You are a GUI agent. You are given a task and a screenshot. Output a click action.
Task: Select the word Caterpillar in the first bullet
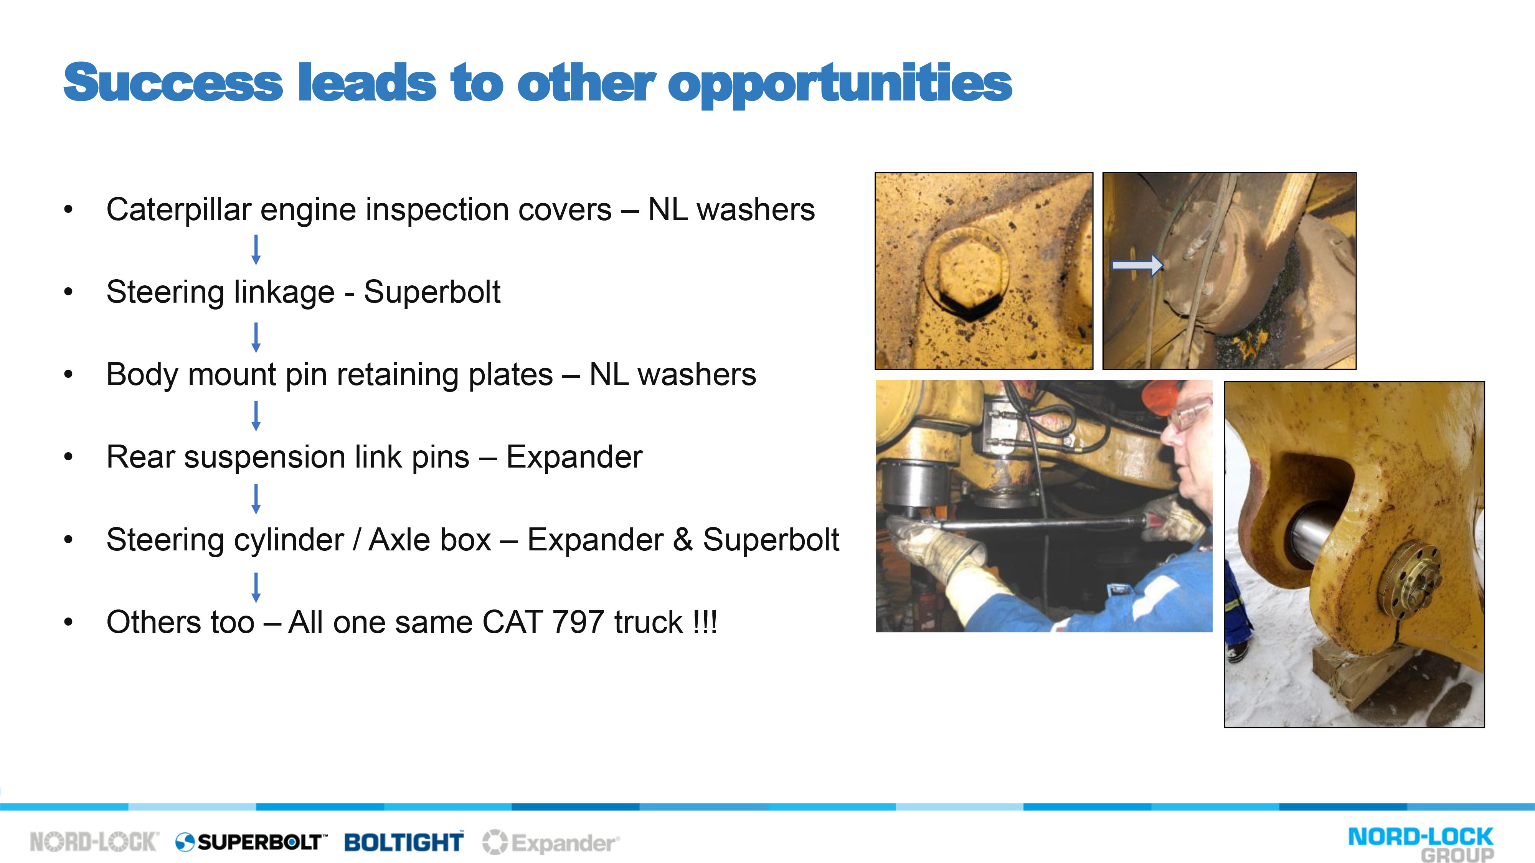[179, 210]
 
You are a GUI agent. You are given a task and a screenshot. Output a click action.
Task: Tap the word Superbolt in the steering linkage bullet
[432, 292]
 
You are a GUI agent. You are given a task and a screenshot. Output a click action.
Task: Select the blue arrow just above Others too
[256, 587]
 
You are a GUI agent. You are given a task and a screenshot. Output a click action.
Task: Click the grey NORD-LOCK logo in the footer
[94, 842]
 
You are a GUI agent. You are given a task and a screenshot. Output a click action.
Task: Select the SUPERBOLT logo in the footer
[251, 842]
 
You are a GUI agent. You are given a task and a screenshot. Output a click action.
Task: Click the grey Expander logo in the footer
[551, 843]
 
